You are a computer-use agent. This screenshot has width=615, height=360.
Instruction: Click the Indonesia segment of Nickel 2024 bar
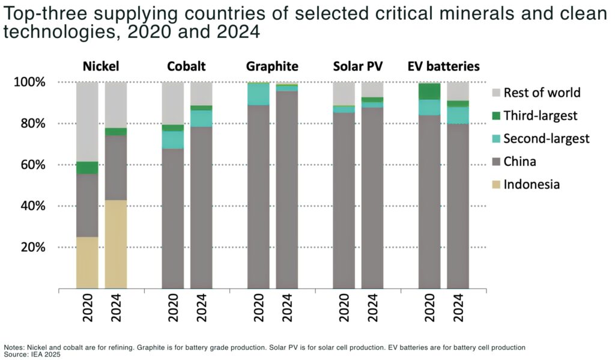(x=115, y=244)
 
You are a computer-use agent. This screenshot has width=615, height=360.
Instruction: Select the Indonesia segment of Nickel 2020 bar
(x=87, y=263)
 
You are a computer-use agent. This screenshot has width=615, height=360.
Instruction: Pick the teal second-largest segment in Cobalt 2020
(x=173, y=139)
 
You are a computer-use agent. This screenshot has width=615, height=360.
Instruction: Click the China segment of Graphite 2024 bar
(x=286, y=189)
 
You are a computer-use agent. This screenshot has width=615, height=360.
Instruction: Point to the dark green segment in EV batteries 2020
(x=429, y=91)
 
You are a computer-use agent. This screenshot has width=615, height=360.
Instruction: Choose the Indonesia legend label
(x=532, y=185)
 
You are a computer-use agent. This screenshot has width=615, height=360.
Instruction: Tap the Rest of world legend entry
(x=542, y=93)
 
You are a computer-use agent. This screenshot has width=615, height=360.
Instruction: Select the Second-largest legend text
(x=547, y=139)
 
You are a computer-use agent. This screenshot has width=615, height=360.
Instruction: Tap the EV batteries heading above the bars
(x=443, y=66)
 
